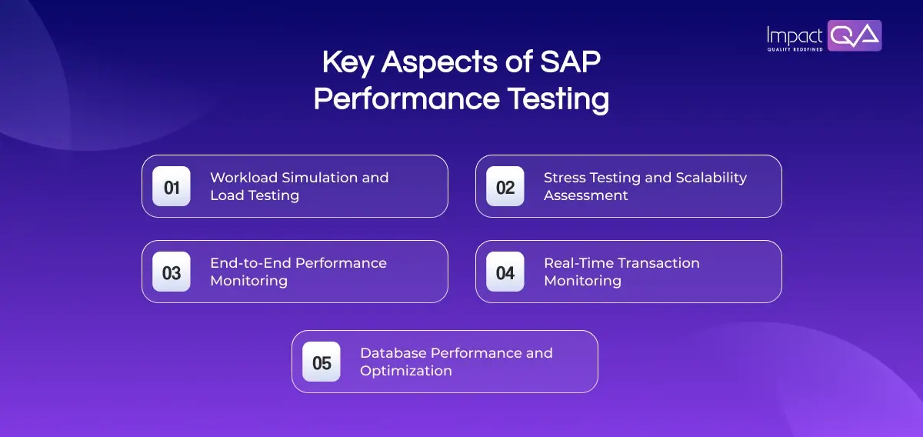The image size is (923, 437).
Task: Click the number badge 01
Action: [x=172, y=187]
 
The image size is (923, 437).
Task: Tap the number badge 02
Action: [x=505, y=187]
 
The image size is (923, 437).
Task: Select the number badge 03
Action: [x=172, y=272]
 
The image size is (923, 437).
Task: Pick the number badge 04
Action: [x=505, y=272]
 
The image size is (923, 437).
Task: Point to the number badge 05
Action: [x=322, y=362]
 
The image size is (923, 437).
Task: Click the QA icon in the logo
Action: [x=855, y=35]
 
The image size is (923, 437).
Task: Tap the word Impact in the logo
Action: [x=795, y=35]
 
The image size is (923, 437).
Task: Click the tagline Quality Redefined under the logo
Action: [x=795, y=49]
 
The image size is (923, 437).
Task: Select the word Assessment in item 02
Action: [x=586, y=195]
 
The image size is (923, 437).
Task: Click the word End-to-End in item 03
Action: [x=251, y=263]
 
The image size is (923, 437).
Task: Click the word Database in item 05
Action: [x=393, y=353]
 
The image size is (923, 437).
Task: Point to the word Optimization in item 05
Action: [x=406, y=371]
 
